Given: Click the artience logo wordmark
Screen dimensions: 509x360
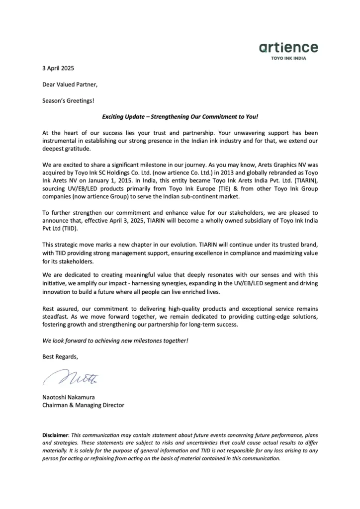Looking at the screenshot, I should click(x=288, y=48).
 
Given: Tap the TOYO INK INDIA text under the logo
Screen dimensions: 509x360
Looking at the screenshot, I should click(x=288, y=58).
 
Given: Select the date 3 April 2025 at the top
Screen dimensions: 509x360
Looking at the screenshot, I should click(x=58, y=68).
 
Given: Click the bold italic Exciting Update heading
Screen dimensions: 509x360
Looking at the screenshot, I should click(x=180, y=117).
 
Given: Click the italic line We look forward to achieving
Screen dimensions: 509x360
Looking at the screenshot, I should click(x=115, y=341).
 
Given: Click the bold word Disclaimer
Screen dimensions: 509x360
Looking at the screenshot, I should click(x=56, y=435).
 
